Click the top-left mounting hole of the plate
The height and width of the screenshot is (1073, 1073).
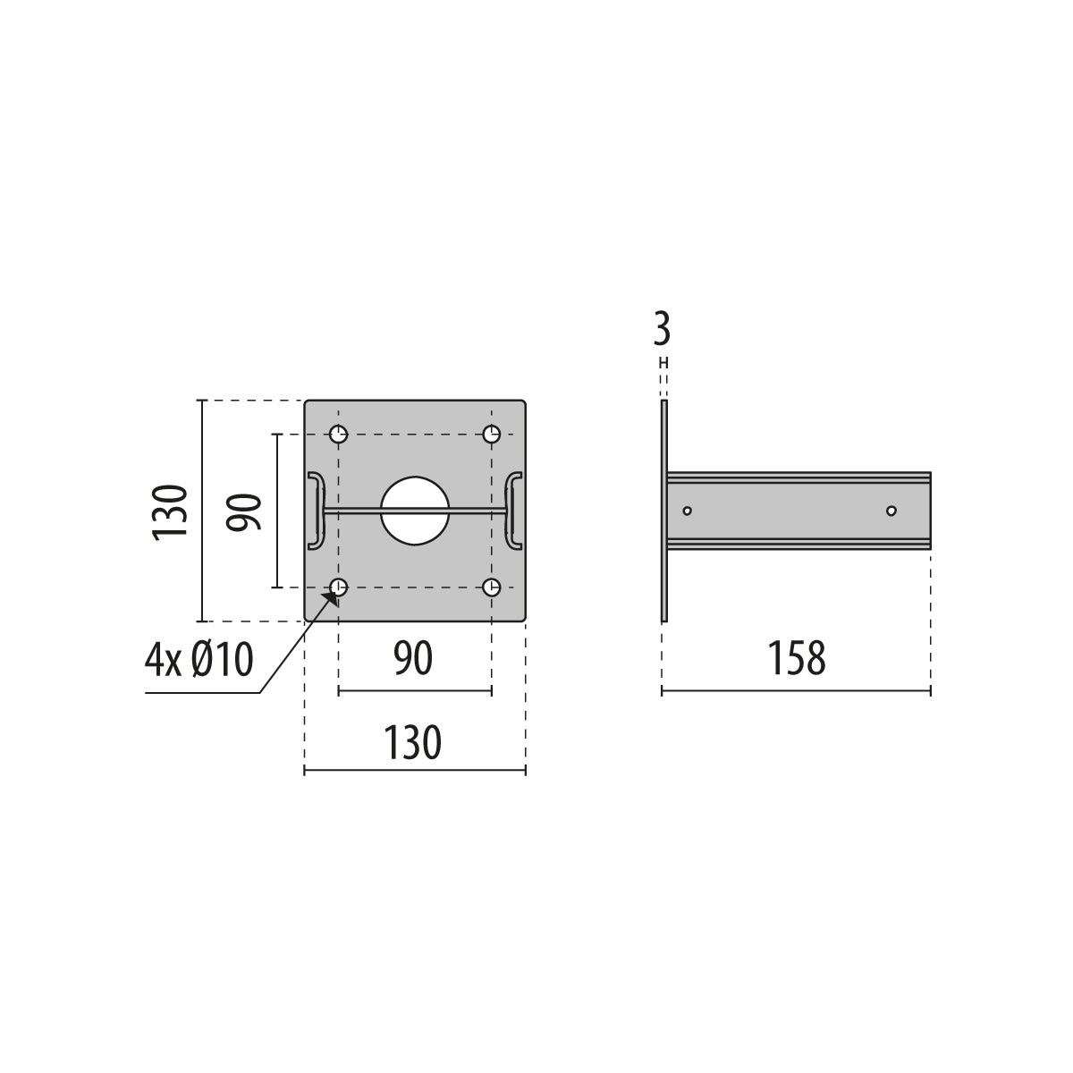[339, 434]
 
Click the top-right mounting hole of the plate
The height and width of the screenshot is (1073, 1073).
[491, 434]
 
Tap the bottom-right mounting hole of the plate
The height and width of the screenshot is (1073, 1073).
[491, 587]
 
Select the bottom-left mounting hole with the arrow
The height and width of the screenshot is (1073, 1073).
[339, 587]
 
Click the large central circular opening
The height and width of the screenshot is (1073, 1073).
[415, 511]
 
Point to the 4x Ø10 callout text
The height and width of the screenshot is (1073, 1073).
[199, 660]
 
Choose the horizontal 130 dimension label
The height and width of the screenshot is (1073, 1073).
[412, 742]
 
